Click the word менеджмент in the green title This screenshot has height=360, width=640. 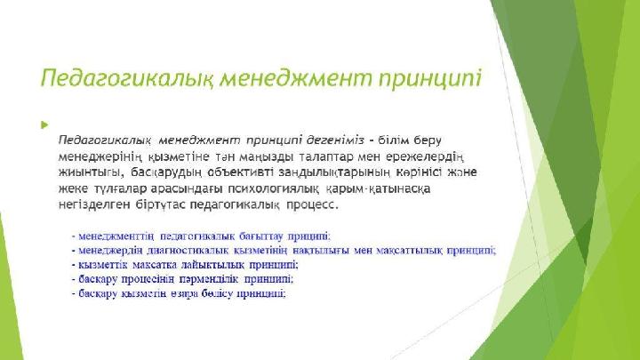pyautogui.click(x=295, y=77)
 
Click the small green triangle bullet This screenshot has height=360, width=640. pyautogui.click(x=44, y=125)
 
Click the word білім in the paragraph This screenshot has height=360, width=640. pyautogui.click(x=393, y=140)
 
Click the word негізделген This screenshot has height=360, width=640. pyautogui.click(x=94, y=204)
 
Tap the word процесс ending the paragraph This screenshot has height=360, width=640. pyautogui.click(x=312, y=205)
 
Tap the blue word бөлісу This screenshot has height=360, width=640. pyautogui.click(x=217, y=294)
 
